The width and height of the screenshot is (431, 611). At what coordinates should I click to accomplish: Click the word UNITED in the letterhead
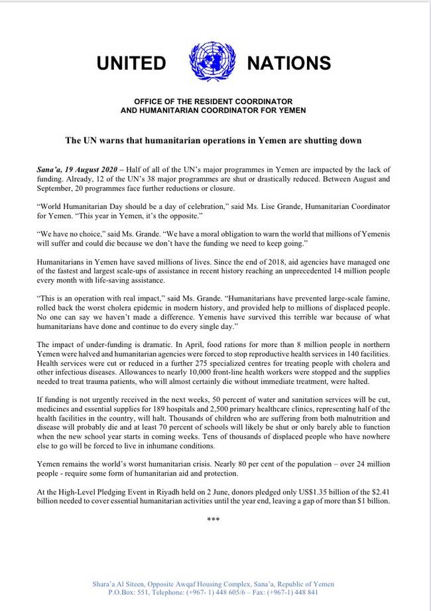pos(131,63)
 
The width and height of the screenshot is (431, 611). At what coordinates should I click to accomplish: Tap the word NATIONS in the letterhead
pos(288,63)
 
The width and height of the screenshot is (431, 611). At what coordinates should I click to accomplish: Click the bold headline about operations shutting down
pos(213,141)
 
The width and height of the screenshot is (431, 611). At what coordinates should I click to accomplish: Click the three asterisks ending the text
pos(213,519)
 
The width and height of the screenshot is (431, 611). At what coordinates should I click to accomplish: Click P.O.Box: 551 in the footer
pos(127,592)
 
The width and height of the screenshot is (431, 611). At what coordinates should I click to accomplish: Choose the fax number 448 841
pos(305,592)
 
